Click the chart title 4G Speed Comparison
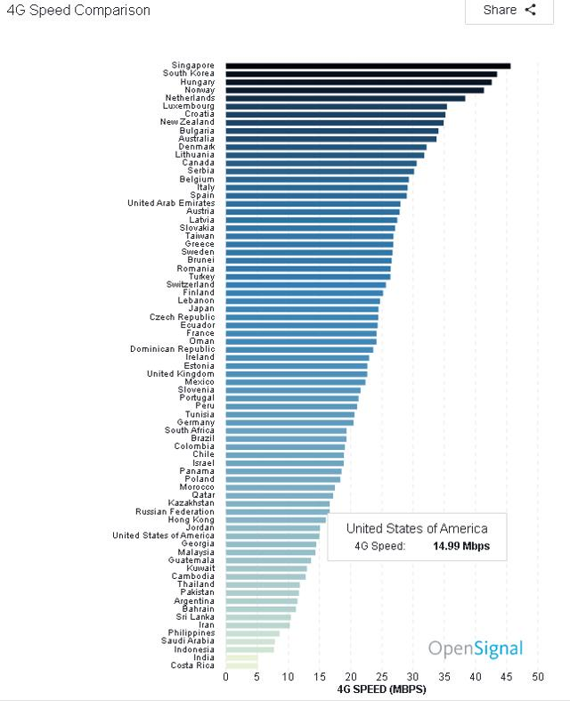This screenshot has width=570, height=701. click(x=78, y=11)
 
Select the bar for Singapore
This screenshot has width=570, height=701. click(x=368, y=65)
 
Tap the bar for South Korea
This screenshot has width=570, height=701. click(x=361, y=74)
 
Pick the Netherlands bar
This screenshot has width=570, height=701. click(x=346, y=98)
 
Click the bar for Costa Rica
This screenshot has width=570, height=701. click(x=241, y=664)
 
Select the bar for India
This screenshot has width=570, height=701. click(x=241, y=656)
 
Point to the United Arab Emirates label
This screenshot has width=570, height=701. click(x=171, y=203)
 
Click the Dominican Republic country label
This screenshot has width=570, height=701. click(x=172, y=349)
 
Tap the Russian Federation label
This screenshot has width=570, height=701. click(x=175, y=511)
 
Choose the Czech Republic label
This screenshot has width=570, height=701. click(x=182, y=317)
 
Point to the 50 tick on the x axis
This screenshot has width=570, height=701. click(x=537, y=677)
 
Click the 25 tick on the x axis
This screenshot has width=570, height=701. click(x=381, y=677)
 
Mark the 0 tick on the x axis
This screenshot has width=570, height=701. click(x=226, y=677)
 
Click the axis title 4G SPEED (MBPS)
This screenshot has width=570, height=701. click(x=381, y=689)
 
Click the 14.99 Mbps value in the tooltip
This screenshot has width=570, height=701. click(x=460, y=546)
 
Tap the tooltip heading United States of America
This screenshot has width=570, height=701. click(x=417, y=528)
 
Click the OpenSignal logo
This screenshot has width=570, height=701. click(x=476, y=648)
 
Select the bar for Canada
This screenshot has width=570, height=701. click(x=321, y=163)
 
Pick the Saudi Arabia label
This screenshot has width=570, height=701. click(x=188, y=640)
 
